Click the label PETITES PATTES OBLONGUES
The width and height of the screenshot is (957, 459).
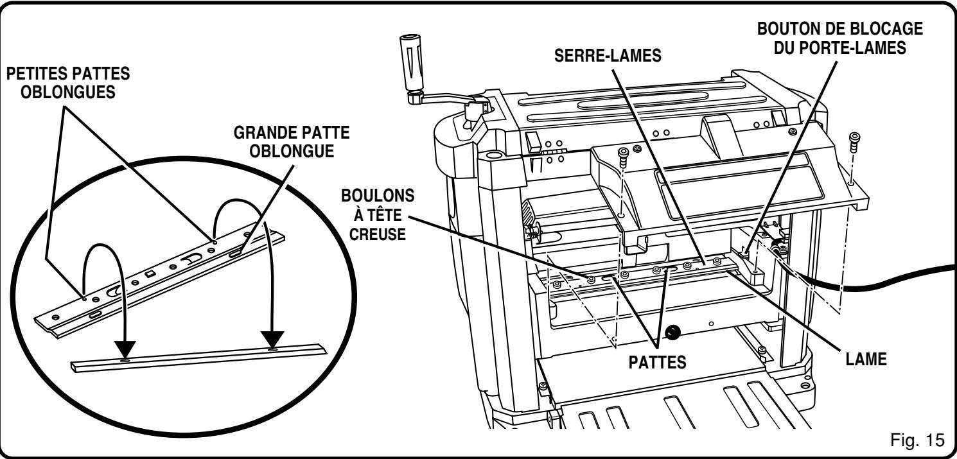point(67,82)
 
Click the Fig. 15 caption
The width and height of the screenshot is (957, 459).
point(919,442)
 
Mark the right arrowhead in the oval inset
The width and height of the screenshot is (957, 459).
point(272,340)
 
